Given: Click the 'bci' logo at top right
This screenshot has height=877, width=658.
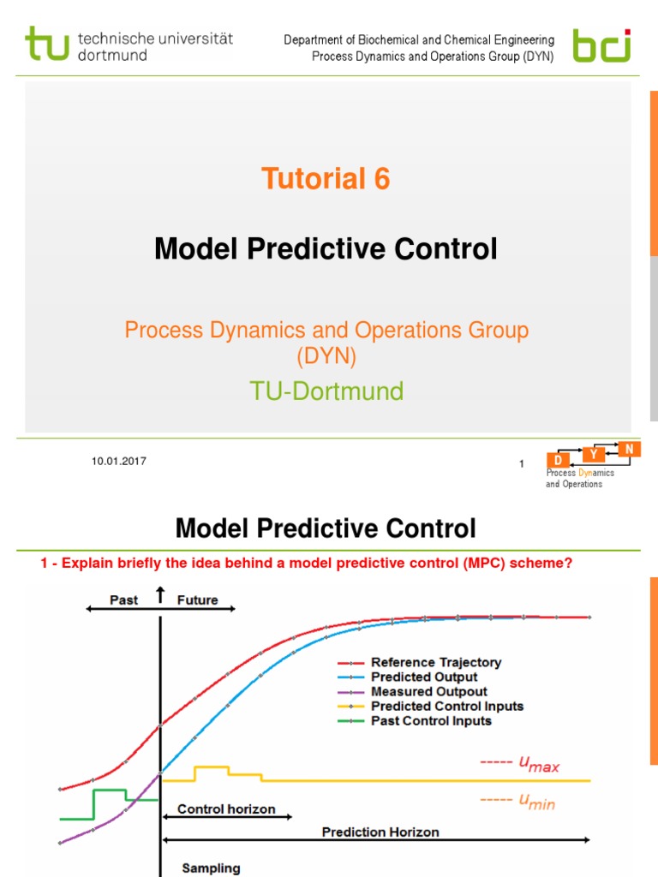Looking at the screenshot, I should pyautogui.click(x=601, y=45).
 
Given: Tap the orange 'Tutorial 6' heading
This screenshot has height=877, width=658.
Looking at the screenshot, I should pyautogui.click(x=326, y=179).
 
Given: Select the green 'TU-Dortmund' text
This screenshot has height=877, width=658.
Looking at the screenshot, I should pyautogui.click(x=326, y=391).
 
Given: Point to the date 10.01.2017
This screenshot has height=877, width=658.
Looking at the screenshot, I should pyautogui.click(x=119, y=462).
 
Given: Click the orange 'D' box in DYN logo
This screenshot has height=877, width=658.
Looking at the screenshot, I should pyautogui.click(x=558, y=462).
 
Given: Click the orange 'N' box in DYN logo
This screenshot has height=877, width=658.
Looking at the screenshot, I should pyautogui.click(x=629, y=449).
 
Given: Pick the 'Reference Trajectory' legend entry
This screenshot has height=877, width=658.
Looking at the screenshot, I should pyautogui.click(x=435, y=662).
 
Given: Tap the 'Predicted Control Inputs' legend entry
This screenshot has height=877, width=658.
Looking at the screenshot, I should pyautogui.click(x=446, y=706).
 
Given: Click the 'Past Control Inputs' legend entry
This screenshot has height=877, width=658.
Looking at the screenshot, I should pyautogui.click(x=431, y=720).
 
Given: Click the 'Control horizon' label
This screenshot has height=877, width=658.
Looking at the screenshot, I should pyautogui.click(x=226, y=808).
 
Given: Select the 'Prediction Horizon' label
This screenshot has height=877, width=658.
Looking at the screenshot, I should pyautogui.click(x=380, y=832).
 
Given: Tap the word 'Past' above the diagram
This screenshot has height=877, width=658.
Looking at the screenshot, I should pyautogui.click(x=124, y=600).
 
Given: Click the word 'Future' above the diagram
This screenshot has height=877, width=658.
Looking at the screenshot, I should pyautogui.click(x=197, y=600).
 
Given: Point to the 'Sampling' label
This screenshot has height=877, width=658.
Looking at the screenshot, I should pyautogui.click(x=211, y=868).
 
